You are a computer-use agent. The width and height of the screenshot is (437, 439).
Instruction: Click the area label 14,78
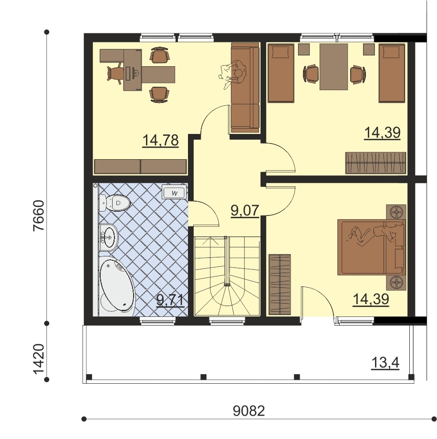pyautogui.click(x=160, y=140)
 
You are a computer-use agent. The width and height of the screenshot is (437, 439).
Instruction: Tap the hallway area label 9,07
pyautogui.click(x=245, y=210)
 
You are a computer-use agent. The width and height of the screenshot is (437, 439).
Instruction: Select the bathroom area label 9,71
pyautogui.click(x=170, y=300)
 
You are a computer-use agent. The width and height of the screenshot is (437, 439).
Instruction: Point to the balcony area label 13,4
pyautogui.click(x=385, y=363)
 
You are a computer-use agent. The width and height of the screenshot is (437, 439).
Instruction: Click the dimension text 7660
pyautogui.click(x=39, y=215)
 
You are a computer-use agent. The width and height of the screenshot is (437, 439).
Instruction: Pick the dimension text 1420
pyautogui.click(x=39, y=359)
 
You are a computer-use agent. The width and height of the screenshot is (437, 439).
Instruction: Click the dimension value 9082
pyautogui.click(x=249, y=411)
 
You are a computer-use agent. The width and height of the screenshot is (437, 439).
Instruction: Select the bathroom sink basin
pyautogui.click(x=109, y=237)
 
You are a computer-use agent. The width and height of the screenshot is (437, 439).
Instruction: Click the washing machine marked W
pyautogui.click(x=174, y=193)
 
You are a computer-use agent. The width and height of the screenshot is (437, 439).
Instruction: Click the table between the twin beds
pyautogui.click(x=333, y=67)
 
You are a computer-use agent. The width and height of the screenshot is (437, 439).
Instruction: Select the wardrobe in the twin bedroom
pyautogui.click(x=375, y=163)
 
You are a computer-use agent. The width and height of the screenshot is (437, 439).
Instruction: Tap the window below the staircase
pyautogui.click(x=228, y=321)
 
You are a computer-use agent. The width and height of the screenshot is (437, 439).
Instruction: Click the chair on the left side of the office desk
pyautogui.click(x=115, y=73)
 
